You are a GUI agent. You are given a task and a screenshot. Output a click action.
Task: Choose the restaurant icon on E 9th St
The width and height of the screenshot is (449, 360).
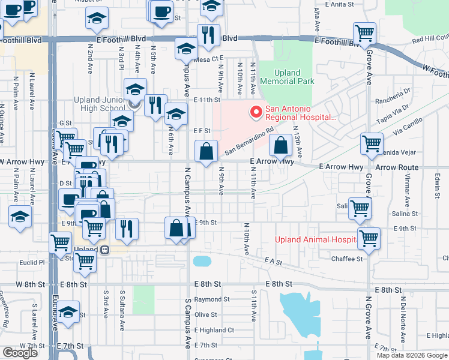point(126,228)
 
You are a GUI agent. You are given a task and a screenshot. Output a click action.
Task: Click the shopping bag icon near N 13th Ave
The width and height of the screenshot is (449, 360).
point(280,145)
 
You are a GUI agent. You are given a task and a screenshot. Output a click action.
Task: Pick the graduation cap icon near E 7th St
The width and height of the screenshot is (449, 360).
point(68,313)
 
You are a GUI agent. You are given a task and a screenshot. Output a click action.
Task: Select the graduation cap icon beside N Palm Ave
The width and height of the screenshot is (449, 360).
point(20,217)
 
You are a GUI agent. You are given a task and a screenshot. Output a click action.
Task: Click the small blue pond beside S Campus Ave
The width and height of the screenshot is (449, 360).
point(202,262)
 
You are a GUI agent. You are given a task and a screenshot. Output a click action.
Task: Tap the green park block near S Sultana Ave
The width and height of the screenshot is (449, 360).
point(143,299)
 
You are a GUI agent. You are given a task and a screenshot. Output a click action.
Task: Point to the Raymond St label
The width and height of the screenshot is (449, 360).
point(212,299)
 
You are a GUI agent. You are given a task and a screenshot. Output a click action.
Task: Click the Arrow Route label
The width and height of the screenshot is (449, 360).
point(397,167)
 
